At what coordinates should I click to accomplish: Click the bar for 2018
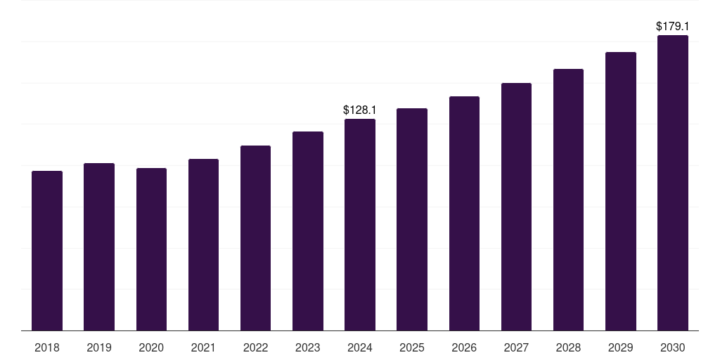[x=47, y=250]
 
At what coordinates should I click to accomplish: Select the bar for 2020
[x=151, y=249]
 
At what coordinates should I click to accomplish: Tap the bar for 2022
[x=255, y=238]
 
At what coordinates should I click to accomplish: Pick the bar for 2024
[x=360, y=224]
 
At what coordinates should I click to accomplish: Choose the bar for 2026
[x=464, y=213]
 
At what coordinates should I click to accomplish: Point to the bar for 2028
[x=568, y=200]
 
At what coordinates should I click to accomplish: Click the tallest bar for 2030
[x=673, y=183]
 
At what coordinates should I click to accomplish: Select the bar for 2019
[x=99, y=247]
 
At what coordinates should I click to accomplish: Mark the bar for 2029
[x=621, y=191]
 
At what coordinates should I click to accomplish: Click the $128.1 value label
[x=360, y=110]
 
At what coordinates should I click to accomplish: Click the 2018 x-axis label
[x=47, y=347]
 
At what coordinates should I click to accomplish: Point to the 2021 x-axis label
[x=203, y=347]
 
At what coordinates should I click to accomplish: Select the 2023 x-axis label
[x=308, y=347]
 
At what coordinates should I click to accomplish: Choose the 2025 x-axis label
[x=412, y=347]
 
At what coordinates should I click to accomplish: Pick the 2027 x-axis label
[x=516, y=347]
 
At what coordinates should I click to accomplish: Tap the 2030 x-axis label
[x=673, y=347]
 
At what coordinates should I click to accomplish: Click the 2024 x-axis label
[x=360, y=347]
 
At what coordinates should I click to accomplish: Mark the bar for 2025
[x=412, y=219]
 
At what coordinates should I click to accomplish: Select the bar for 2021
[x=203, y=245]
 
